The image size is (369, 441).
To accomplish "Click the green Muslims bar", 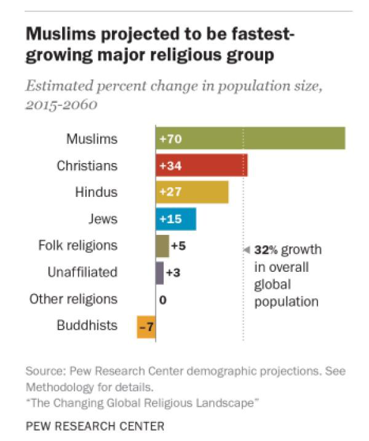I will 250,138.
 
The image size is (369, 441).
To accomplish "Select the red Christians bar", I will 201,165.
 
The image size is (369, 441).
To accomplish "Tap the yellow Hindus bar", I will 192,192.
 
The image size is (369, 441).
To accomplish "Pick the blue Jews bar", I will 175,219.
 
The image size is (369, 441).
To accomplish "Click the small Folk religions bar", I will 162,246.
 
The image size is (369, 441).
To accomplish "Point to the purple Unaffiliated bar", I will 159,272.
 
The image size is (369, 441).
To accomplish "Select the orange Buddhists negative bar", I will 146,327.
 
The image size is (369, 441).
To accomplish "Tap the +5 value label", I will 178,246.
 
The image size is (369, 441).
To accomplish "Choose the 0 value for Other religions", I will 163,300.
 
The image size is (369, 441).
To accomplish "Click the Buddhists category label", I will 87,325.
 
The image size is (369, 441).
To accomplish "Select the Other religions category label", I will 73,299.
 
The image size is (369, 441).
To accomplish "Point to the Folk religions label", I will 77,245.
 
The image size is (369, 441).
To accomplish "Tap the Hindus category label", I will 96,192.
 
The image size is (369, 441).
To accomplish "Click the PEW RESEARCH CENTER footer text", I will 95,426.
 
